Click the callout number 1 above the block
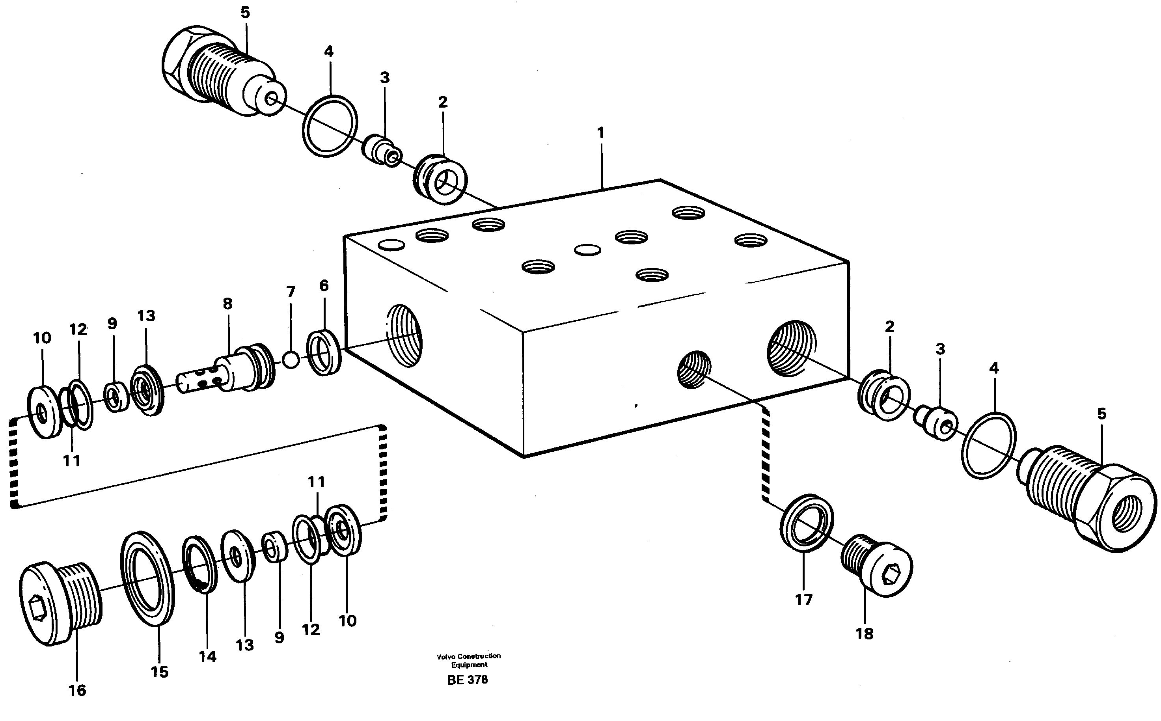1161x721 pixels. [601, 133]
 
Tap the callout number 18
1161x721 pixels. [864, 634]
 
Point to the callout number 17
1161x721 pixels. [803, 600]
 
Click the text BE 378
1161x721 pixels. [467, 680]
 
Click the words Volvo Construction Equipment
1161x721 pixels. [469, 660]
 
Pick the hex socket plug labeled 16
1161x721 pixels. [60, 603]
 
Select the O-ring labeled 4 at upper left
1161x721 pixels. [330, 125]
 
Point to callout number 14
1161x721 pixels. [207, 657]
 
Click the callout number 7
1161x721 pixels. [291, 292]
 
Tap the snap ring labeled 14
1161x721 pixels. [200, 565]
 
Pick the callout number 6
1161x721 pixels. [324, 286]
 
